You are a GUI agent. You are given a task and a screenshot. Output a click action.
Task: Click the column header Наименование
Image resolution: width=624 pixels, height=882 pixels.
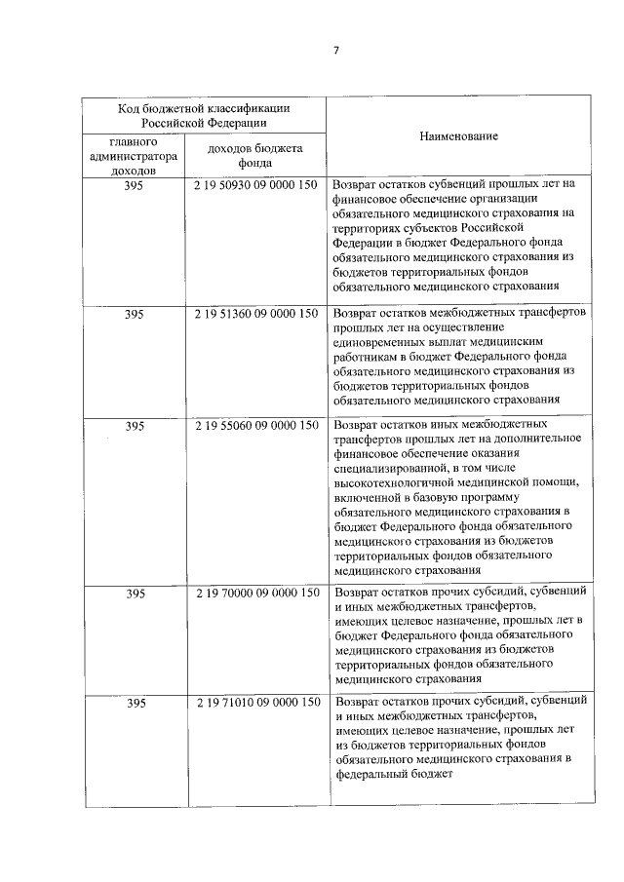[458, 136]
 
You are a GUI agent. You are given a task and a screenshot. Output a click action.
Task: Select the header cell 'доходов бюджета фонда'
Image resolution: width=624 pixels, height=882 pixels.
[256, 156]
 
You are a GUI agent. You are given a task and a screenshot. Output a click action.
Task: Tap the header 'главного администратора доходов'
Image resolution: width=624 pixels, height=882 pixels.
[134, 156]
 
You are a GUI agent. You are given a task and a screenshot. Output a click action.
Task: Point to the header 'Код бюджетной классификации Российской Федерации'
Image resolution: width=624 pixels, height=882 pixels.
[203, 115]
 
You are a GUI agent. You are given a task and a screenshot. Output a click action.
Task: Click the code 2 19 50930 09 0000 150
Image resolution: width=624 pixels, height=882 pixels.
[256, 184]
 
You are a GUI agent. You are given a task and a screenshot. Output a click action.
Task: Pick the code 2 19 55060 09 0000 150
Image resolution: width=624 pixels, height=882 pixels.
[256, 426]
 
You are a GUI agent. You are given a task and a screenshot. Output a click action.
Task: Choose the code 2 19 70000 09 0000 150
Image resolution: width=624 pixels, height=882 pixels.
[256, 593]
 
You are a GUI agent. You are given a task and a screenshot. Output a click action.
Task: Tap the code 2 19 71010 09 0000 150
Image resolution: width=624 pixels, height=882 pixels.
[256, 703]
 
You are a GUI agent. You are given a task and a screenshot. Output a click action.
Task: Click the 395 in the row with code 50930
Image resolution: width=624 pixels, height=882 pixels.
[134, 184]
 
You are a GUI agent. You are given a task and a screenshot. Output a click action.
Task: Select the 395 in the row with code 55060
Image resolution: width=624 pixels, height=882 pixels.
[134, 426]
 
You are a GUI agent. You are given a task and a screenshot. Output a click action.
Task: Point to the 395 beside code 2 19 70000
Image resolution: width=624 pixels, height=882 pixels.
[134, 593]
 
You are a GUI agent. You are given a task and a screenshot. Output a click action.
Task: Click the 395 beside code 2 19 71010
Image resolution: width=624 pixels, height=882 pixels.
[134, 703]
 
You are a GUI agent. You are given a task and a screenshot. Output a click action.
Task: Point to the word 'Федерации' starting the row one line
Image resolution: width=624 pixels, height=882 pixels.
[362, 242]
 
